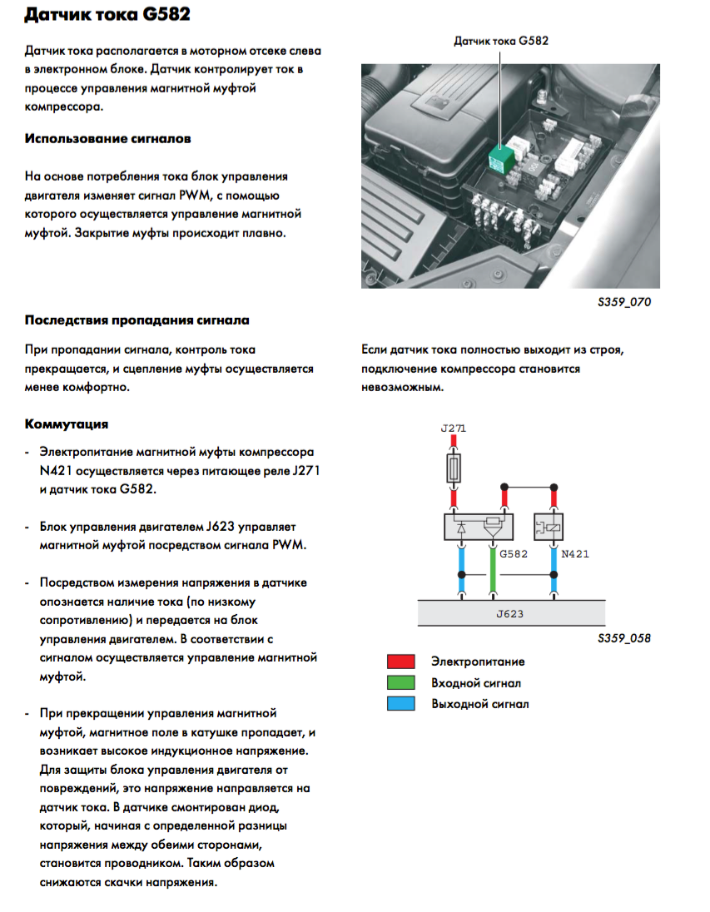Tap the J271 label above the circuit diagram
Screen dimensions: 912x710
point(453,429)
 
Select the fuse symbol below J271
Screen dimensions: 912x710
point(454,468)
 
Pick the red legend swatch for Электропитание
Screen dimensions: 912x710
point(400,662)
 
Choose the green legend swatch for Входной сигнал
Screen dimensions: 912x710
point(400,683)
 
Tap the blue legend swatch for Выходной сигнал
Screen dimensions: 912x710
point(400,704)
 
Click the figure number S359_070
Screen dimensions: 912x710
point(624,302)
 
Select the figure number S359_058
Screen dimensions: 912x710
point(624,639)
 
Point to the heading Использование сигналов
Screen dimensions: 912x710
point(108,138)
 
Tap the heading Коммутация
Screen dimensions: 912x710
point(67,424)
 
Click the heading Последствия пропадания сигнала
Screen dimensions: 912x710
point(137,320)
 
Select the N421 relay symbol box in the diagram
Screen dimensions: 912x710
point(554,526)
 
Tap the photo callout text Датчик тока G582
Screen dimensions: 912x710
point(501,40)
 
